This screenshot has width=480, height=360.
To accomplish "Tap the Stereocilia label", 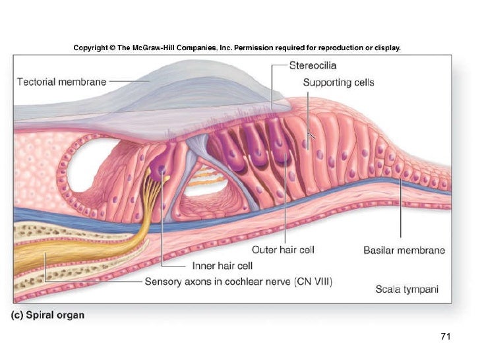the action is [x=314, y=65].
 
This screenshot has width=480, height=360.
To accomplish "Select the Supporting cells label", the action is [x=338, y=82].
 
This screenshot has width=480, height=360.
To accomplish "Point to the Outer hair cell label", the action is [x=284, y=250].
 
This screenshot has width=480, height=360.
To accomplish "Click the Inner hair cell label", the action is [x=223, y=266].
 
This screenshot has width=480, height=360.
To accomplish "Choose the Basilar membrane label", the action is [x=404, y=250].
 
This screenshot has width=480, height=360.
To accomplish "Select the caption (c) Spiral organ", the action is [x=47, y=315].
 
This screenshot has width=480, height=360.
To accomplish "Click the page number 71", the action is [x=445, y=337].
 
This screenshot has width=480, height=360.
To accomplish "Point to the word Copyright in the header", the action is [x=90, y=47].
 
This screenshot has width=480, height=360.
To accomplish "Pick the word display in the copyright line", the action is [x=386, y=47].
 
